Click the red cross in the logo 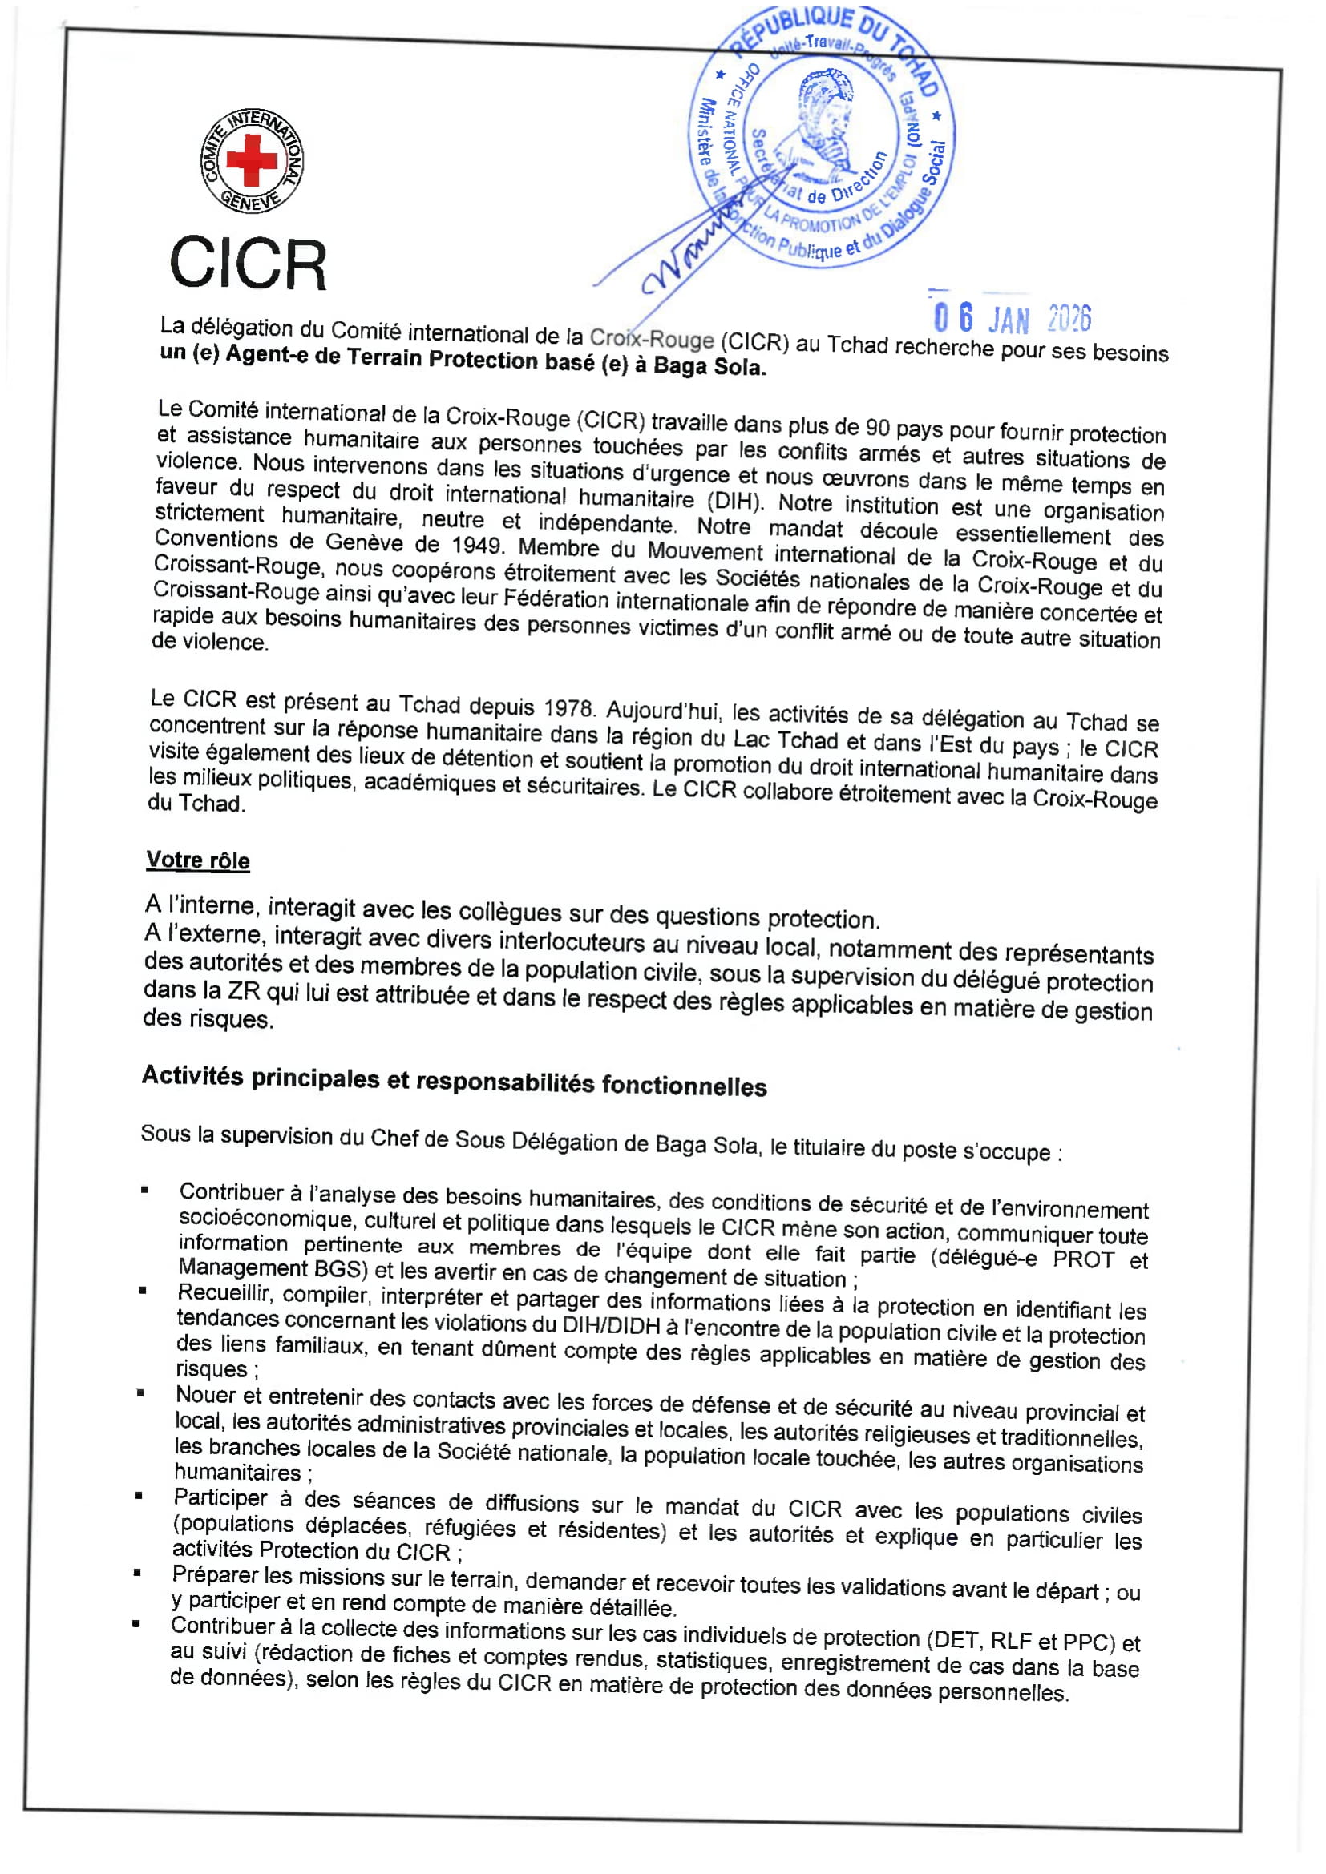coord(252,159)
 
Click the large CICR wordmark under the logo coord(249,264)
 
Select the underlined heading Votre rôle coord(197,860)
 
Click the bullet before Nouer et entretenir coord(140,1393)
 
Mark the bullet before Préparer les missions coord(137,1571)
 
